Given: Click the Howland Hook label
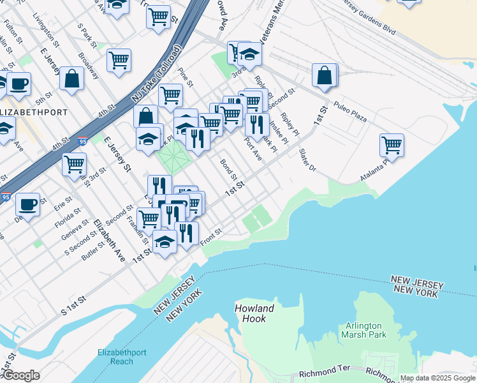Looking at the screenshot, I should coord(254,313).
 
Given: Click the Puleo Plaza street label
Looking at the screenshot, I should coord(351,118).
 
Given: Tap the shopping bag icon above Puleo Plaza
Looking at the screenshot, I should coord(325,75).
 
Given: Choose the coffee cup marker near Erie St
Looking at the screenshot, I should coord(27,204).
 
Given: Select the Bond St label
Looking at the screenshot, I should coord(228,169).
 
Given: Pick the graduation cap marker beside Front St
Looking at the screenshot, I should coord(165,242).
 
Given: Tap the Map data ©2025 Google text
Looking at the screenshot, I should coord(437,378).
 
